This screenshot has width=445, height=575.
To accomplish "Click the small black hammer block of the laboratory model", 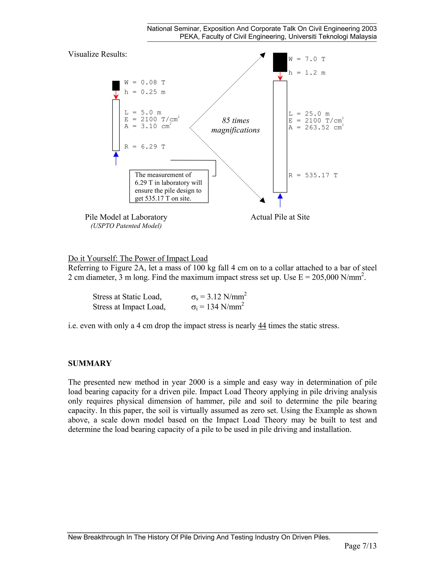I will pos(116,85).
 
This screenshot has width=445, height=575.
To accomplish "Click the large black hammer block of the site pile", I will pos(280,62).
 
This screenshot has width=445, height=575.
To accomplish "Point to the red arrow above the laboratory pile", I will pos(116,95).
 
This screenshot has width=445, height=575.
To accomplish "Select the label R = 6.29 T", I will pos(145,147).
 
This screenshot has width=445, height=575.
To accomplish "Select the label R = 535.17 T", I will pos(313,175).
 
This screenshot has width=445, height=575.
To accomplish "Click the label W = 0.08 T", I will pos(145,82).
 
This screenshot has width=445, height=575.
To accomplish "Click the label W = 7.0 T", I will pos(307,59).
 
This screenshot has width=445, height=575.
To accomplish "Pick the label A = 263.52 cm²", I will pos(316,127).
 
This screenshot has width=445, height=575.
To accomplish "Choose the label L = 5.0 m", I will pos(143,113).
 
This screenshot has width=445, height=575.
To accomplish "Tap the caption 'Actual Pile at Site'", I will pos(280,217).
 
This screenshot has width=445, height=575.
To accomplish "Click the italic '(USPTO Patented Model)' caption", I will pos(126,226).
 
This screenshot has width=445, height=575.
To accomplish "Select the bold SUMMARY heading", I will pos(90,363).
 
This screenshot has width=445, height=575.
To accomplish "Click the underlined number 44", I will pos(262,326).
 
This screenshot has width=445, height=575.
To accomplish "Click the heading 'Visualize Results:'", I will pos(98,54).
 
